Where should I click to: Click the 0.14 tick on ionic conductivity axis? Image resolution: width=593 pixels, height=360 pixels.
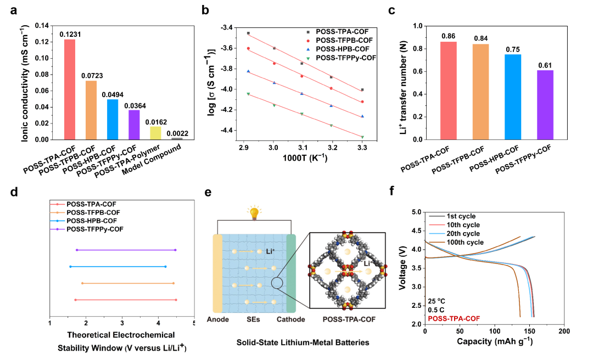42,26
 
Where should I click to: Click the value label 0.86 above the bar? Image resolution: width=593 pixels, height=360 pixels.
449,36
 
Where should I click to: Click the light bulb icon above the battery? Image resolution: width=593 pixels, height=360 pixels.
254,213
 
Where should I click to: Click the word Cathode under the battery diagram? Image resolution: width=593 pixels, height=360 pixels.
291,319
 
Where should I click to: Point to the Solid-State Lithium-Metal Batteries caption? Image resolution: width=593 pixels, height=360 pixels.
303,342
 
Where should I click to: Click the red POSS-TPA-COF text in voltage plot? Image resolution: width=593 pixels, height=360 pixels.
453,318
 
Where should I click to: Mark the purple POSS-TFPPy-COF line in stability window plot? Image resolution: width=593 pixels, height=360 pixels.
126,250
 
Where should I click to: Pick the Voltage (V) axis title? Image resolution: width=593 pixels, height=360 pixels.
406,268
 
